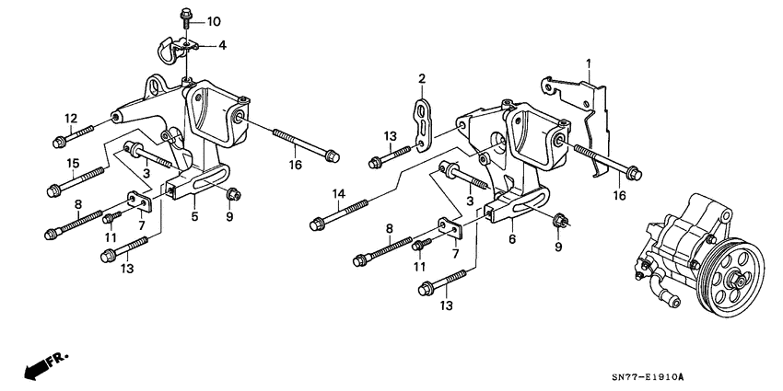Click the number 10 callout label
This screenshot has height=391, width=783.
pyautogui.click(x=214, y=21)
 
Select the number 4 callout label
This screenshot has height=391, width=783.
pyautogui.click(x=221, y=44)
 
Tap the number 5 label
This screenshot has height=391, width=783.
pyautogui.click(x=194, y=217)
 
